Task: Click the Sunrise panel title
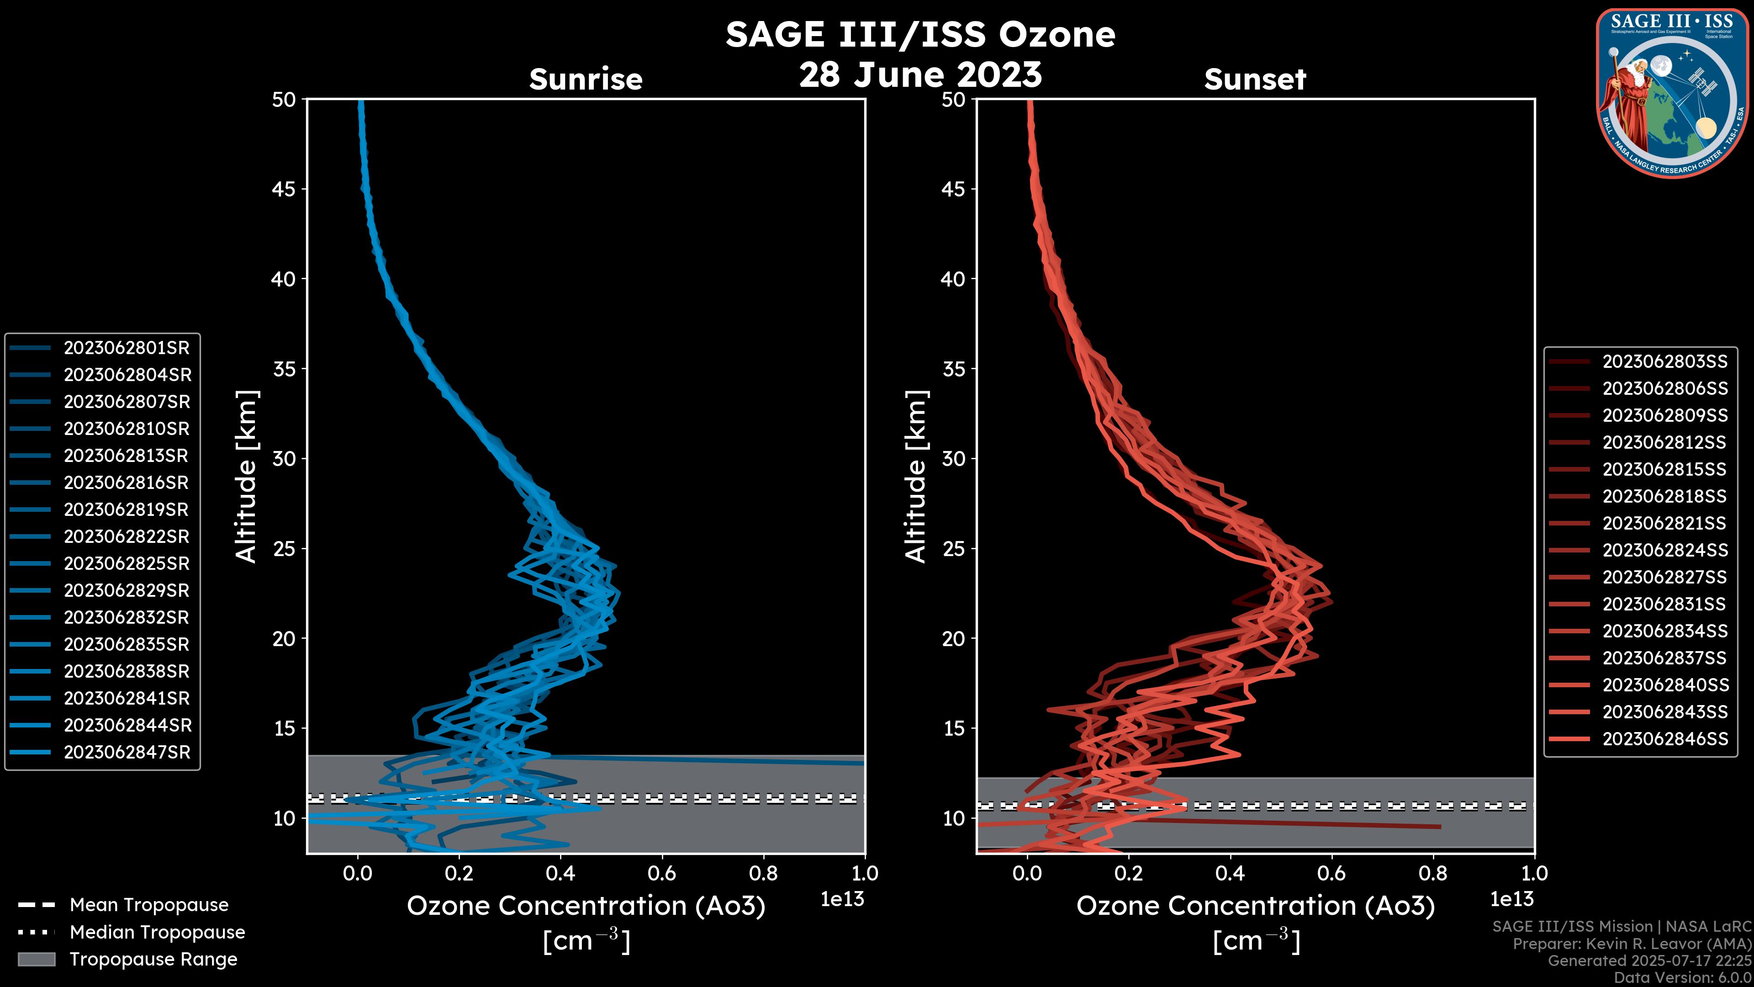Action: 586,79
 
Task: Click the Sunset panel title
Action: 1255,79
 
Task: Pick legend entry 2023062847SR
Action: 127,752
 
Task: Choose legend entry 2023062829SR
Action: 126,590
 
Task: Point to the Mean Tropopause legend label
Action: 149,905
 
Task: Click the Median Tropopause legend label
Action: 157,932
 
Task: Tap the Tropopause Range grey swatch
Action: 36,959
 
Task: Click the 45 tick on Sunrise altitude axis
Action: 284,189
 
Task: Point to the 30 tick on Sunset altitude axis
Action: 953,458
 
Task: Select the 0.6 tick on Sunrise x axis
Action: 662,873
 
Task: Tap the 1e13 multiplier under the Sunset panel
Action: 1511,899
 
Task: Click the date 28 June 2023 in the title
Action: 920,74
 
